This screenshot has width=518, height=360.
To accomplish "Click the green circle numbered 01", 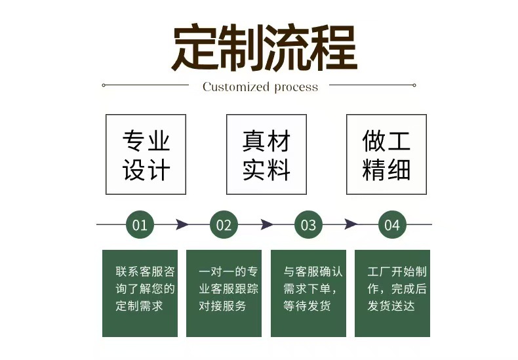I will (x=140, y=225).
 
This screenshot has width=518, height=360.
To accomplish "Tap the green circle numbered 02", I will (x=224, y=225).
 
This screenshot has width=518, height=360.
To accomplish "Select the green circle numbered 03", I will (x=308, y=225).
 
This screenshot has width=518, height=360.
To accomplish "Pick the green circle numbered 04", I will (x=392, y=225).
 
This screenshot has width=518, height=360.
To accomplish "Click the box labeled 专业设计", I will (x=146, y=155).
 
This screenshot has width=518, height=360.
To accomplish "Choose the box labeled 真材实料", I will (x=266, y=155).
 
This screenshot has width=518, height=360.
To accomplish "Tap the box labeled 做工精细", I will (x=386, y=155).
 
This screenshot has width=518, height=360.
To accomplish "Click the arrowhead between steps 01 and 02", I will (x=182, y=225).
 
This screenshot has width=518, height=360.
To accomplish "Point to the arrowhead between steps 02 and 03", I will (x=266, y=225).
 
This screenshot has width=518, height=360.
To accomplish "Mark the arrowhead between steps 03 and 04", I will (x=351, y=225).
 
